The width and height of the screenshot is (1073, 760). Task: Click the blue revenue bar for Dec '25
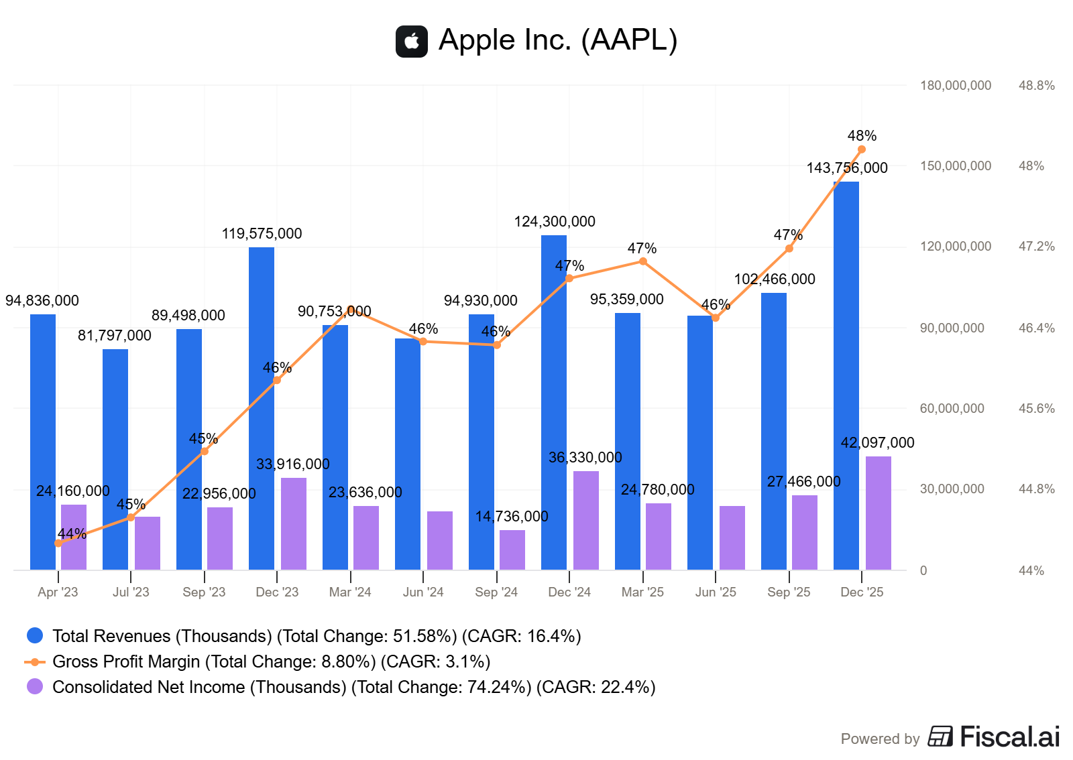tap(846, 375)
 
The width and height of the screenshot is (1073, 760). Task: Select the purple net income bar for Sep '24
tap(512, 550)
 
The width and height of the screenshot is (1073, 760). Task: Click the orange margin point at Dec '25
tap(862, 149)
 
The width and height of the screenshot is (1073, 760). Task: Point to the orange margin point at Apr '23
tap(58, 543)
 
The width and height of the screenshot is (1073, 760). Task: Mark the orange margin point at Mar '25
tap(643, 261)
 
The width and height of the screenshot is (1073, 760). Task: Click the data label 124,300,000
tap(555, 222)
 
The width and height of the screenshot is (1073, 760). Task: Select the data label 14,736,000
tap(512, 517)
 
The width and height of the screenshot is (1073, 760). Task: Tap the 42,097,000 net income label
tap(877, 443)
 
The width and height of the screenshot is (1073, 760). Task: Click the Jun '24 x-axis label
tap(423, 592)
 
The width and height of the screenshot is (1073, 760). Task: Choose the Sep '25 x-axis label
tap(789, 592)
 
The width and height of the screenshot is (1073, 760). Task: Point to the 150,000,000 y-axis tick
tap(955, 166)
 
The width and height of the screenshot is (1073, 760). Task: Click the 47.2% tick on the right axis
tap(1036, 247)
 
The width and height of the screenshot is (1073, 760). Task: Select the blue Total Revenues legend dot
tap(35, 635)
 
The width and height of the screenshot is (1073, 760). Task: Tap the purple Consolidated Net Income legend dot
tap(35, 686)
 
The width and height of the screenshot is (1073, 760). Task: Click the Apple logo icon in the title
tap(412, 41)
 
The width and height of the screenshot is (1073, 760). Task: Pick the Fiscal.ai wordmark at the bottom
tap(1009, 737)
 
